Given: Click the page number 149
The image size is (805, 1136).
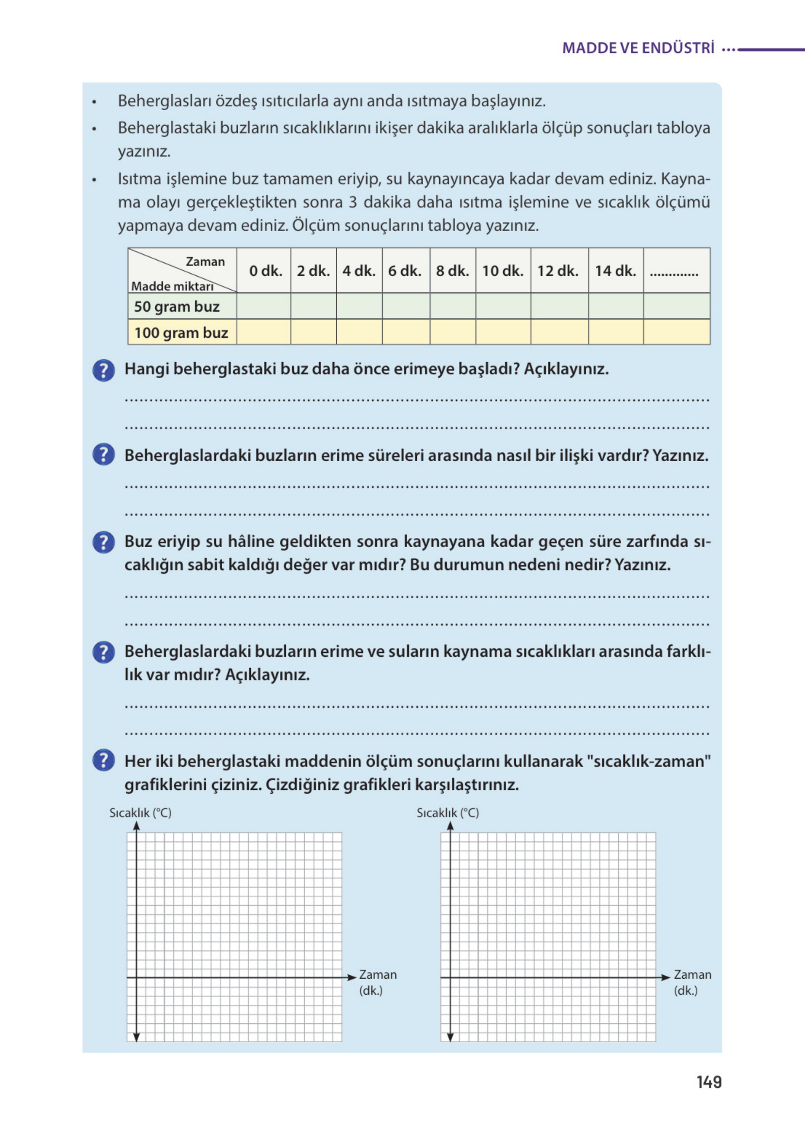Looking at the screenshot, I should [708, 1082].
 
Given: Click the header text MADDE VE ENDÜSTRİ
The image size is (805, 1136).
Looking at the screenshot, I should [638, 48].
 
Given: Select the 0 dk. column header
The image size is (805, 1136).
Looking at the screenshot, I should [265, 271].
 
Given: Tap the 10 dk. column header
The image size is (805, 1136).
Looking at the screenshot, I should [502, 271].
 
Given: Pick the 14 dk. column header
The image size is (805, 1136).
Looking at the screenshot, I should [615, 271].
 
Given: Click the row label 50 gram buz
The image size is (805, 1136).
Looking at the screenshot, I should [177, 306].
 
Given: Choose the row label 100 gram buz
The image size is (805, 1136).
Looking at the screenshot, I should [181, 332].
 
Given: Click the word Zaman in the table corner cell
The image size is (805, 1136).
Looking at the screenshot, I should [205, 261].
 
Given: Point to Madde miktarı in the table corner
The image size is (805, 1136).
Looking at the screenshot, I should [172, 286].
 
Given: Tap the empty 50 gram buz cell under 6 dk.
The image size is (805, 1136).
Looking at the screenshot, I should [406, 306].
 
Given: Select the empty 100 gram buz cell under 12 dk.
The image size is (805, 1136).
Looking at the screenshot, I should [559, 332].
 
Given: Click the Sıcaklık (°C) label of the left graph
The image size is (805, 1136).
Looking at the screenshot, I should [140, 813].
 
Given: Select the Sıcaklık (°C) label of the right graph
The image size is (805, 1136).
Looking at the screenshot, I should [447, 813].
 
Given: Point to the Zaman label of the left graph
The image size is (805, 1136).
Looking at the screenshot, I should [378, 974].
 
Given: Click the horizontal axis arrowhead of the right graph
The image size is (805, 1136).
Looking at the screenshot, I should [665, 977].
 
